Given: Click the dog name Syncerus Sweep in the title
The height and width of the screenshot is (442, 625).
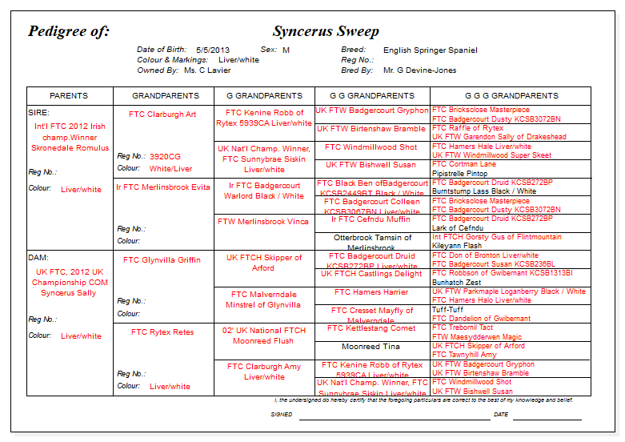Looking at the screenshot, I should [x=326, y=32].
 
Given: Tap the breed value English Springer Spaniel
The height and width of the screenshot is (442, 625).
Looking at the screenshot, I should [x=430, y=50].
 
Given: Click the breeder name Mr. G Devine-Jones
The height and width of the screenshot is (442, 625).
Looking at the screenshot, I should [x=419, y=70].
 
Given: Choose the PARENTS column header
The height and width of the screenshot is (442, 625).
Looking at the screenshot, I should [x=69, y=96].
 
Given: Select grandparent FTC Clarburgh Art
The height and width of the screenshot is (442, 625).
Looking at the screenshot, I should [x=162, y=115].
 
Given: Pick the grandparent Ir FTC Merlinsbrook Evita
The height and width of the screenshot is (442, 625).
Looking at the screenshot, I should [x=163, y=187].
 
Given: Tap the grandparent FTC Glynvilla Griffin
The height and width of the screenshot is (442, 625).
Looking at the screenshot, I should [x=162, y=260].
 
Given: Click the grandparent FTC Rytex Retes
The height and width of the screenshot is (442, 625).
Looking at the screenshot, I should [x=162, y=332].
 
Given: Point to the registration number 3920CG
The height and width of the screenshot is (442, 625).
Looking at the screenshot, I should [x=165, y=156].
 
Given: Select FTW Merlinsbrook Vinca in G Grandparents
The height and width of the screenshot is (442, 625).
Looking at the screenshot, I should [x=263, y=222].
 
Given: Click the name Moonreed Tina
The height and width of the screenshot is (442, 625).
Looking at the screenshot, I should [x=371, y=347].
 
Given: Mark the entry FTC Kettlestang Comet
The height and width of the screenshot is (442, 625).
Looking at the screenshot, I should [x=371, y=328].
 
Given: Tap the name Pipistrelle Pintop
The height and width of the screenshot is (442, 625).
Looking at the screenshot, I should [x=459, y=173].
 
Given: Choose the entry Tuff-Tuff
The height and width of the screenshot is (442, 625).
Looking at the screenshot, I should [x=447, y=310].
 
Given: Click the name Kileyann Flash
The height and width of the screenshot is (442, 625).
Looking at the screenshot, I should [x=457, y=246].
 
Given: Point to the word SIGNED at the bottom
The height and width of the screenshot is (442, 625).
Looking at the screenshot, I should [x=282, y=415].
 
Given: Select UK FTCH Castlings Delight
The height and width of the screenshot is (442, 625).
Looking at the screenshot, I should [x=371, y=274].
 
